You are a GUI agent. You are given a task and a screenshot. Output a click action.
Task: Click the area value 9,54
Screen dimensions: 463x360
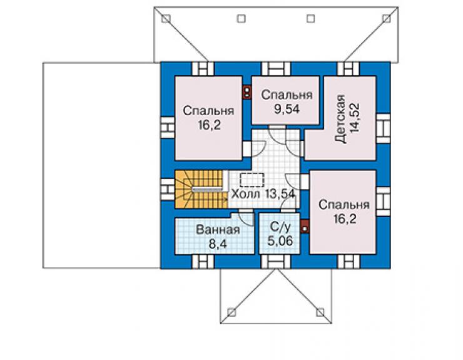click(x=286, y=109)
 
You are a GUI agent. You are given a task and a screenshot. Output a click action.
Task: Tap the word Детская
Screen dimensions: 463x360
click(x=340, y=119)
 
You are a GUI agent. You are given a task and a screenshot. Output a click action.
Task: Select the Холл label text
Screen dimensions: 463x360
click(x=245, y=194)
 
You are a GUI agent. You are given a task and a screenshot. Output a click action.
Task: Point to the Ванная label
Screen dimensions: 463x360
click(x=218, y=230)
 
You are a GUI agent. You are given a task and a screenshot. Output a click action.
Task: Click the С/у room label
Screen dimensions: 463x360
click(x=280, y=227)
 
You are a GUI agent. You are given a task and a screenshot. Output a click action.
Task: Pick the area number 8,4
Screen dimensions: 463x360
click(x=217, y=244)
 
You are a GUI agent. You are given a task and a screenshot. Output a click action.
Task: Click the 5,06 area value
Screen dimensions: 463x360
click(x=280, y=241)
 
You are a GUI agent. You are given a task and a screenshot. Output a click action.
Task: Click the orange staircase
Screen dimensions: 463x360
click(x=201, y=190)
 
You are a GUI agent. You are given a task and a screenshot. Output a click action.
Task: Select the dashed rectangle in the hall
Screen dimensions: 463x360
click(x=252, y=180)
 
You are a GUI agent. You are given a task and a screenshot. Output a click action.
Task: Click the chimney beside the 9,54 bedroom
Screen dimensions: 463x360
click(x=247, y=91)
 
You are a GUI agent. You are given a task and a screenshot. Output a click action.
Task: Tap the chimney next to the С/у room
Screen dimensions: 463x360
click(x=305, y=227)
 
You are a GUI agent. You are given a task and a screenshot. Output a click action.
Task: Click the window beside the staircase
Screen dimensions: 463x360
click(x=167, y=189)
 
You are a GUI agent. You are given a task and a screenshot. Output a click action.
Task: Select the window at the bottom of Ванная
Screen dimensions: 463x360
click(x=203, y=262)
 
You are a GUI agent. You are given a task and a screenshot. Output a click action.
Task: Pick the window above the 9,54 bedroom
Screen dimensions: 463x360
click(x=276, y=69)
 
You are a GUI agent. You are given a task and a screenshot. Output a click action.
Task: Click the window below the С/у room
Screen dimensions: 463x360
click(x=276, y=262)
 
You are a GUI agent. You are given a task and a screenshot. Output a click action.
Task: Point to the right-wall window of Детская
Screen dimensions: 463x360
click(x=384, y=128)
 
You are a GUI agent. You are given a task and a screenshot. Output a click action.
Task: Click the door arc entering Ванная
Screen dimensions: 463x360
click(x=247, y=219)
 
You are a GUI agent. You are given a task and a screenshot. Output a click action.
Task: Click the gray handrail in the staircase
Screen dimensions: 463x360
click(x=207, y=189)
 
